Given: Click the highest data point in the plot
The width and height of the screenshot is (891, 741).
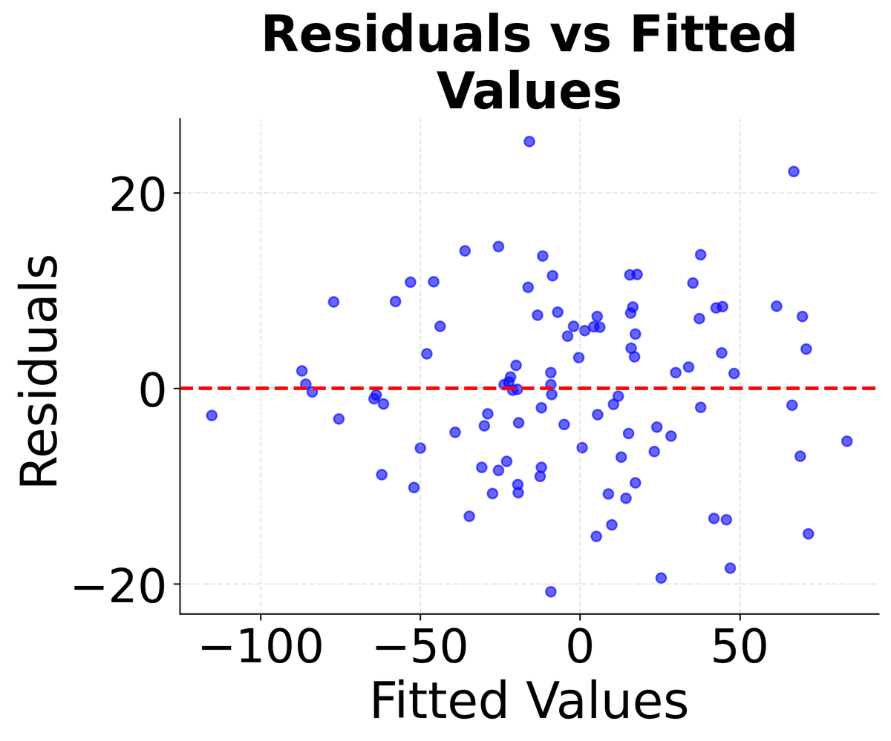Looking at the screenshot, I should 529,141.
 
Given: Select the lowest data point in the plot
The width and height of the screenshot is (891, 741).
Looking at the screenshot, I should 550,591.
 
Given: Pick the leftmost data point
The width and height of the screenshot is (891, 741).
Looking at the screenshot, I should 212,415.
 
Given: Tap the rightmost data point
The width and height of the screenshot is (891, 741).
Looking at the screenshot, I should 846,441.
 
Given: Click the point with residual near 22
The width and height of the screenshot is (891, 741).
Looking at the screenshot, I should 793,171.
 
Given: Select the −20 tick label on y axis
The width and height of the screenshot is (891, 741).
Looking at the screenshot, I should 119,585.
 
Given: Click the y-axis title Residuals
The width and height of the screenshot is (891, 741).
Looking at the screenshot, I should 39,371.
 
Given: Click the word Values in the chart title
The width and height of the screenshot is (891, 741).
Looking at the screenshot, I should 529,92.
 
